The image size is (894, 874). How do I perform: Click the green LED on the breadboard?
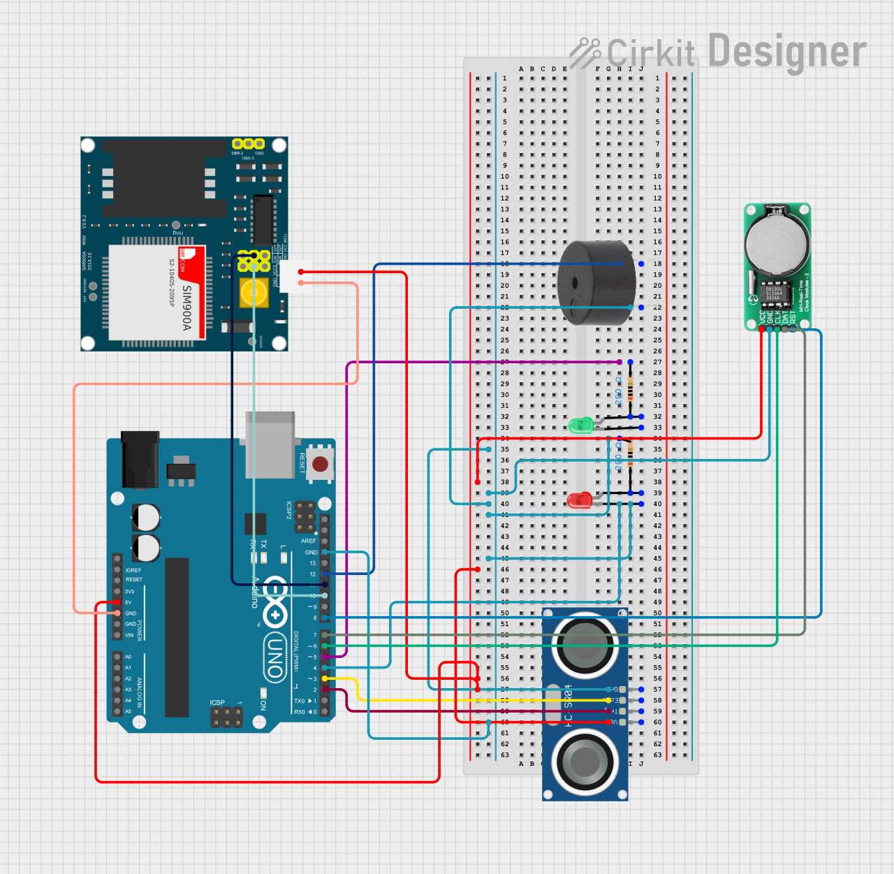(580, 424)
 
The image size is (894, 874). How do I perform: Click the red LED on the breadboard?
(579, 500)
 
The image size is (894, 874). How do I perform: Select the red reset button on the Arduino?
(320, 464)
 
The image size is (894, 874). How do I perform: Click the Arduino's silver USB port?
(270, 444)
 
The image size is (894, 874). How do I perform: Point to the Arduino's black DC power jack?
(140, 460)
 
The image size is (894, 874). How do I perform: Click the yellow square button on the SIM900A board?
(254, 293)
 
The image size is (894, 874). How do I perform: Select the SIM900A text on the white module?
(186, 307)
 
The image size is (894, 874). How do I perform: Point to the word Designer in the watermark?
(787, 52)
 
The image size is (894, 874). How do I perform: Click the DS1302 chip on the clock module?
(773, 293)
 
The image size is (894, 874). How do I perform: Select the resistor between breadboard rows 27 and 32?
(630, 389)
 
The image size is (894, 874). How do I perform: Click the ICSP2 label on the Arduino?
(289, 510)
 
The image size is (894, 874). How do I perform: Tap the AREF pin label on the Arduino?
(308, 541)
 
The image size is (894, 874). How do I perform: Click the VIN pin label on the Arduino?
(129, 635)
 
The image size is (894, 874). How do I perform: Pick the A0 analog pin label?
(128, 657)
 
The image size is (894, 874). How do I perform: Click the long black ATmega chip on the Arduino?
(177, 637)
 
